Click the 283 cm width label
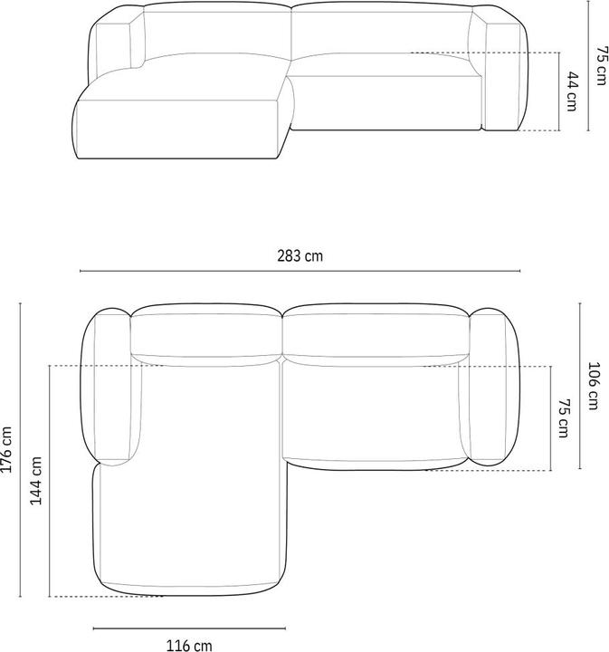[x=300, y=255]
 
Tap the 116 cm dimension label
[x=189, y=646]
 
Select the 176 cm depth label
[x=6, y=449]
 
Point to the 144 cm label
[x=35, y=481]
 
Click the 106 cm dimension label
[x=594, y=386]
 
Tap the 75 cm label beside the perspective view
[x=601, y=65]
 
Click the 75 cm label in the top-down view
[x=564, y=418]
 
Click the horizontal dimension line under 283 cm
[x=300, y=271]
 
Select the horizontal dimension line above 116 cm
[x=189, y=628]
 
